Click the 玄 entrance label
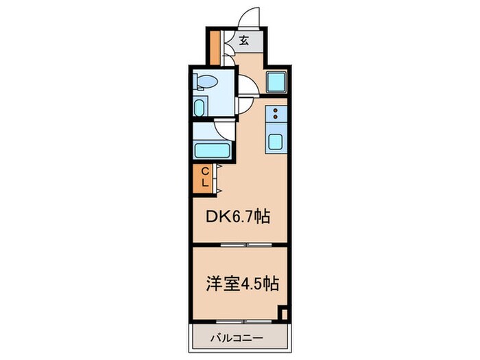[x=244, y=40]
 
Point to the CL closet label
[x=204, y=178]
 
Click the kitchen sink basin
[x=276, y=143]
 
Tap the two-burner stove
[x=276, y=114]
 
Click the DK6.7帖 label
[x=238, y=217]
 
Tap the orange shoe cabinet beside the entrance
[x=214, y=45]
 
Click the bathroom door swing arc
[x=222, y=128]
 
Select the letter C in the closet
[x=204, y=172]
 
